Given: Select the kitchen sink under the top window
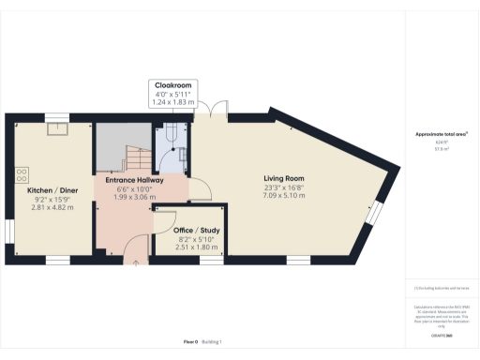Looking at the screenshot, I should pos(56,130).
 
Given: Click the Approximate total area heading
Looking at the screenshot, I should pos(440,135).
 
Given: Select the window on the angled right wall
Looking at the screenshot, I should pos(372,216).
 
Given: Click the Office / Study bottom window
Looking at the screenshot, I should pos(211,258).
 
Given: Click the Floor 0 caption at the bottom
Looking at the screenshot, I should pos(189,343).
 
